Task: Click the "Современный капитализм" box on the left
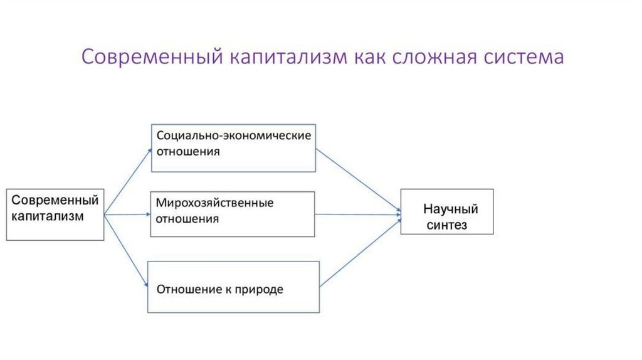[55, 214]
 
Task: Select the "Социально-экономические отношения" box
[233, 148]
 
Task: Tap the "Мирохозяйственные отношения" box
[233, 214]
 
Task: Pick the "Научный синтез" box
[447, 211]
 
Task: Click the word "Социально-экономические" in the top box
[234, 136]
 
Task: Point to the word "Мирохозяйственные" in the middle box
[215, 204]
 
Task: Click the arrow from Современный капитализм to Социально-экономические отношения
[128, 182]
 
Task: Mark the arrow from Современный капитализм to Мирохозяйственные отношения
[127, 214]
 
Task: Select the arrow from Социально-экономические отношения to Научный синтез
[357, 181]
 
